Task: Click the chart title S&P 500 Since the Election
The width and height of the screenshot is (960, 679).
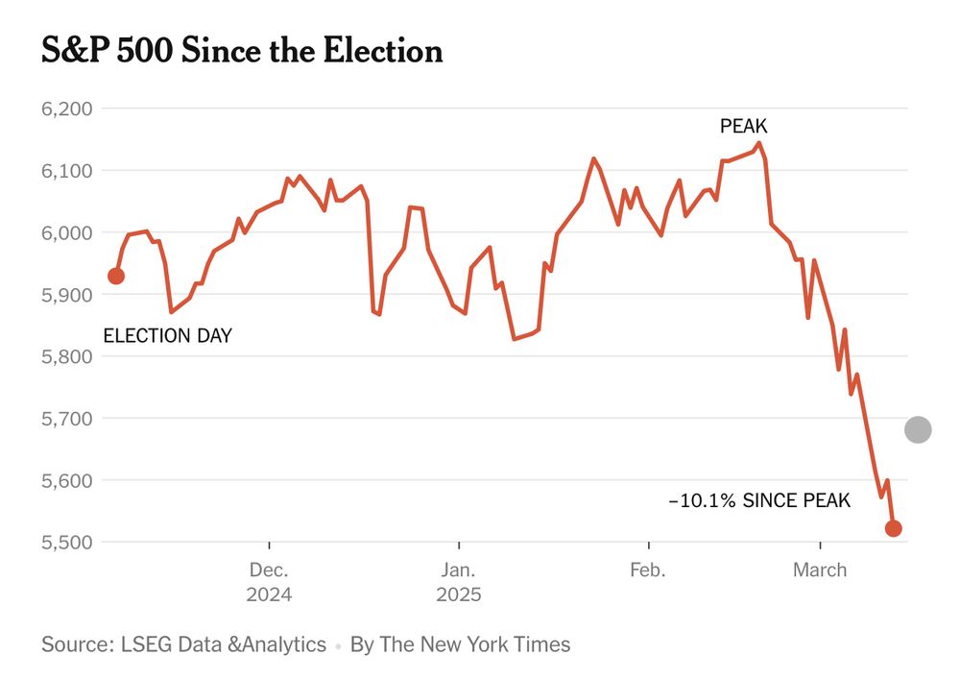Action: tap(242, 51)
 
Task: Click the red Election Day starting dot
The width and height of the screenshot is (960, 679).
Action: tap(116, 277)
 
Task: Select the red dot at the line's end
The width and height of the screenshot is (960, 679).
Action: tap(893, 528)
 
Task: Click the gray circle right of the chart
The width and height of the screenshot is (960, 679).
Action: tap(918, 429)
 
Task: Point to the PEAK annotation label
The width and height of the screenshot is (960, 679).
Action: tap(744, 126)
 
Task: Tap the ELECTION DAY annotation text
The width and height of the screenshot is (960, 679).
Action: tap(167, 336)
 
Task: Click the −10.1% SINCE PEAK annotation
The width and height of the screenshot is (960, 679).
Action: tap(758, 501)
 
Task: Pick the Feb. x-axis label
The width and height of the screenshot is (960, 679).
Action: tap(648, 570)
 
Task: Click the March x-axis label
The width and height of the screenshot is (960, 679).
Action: tap(820, 570)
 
